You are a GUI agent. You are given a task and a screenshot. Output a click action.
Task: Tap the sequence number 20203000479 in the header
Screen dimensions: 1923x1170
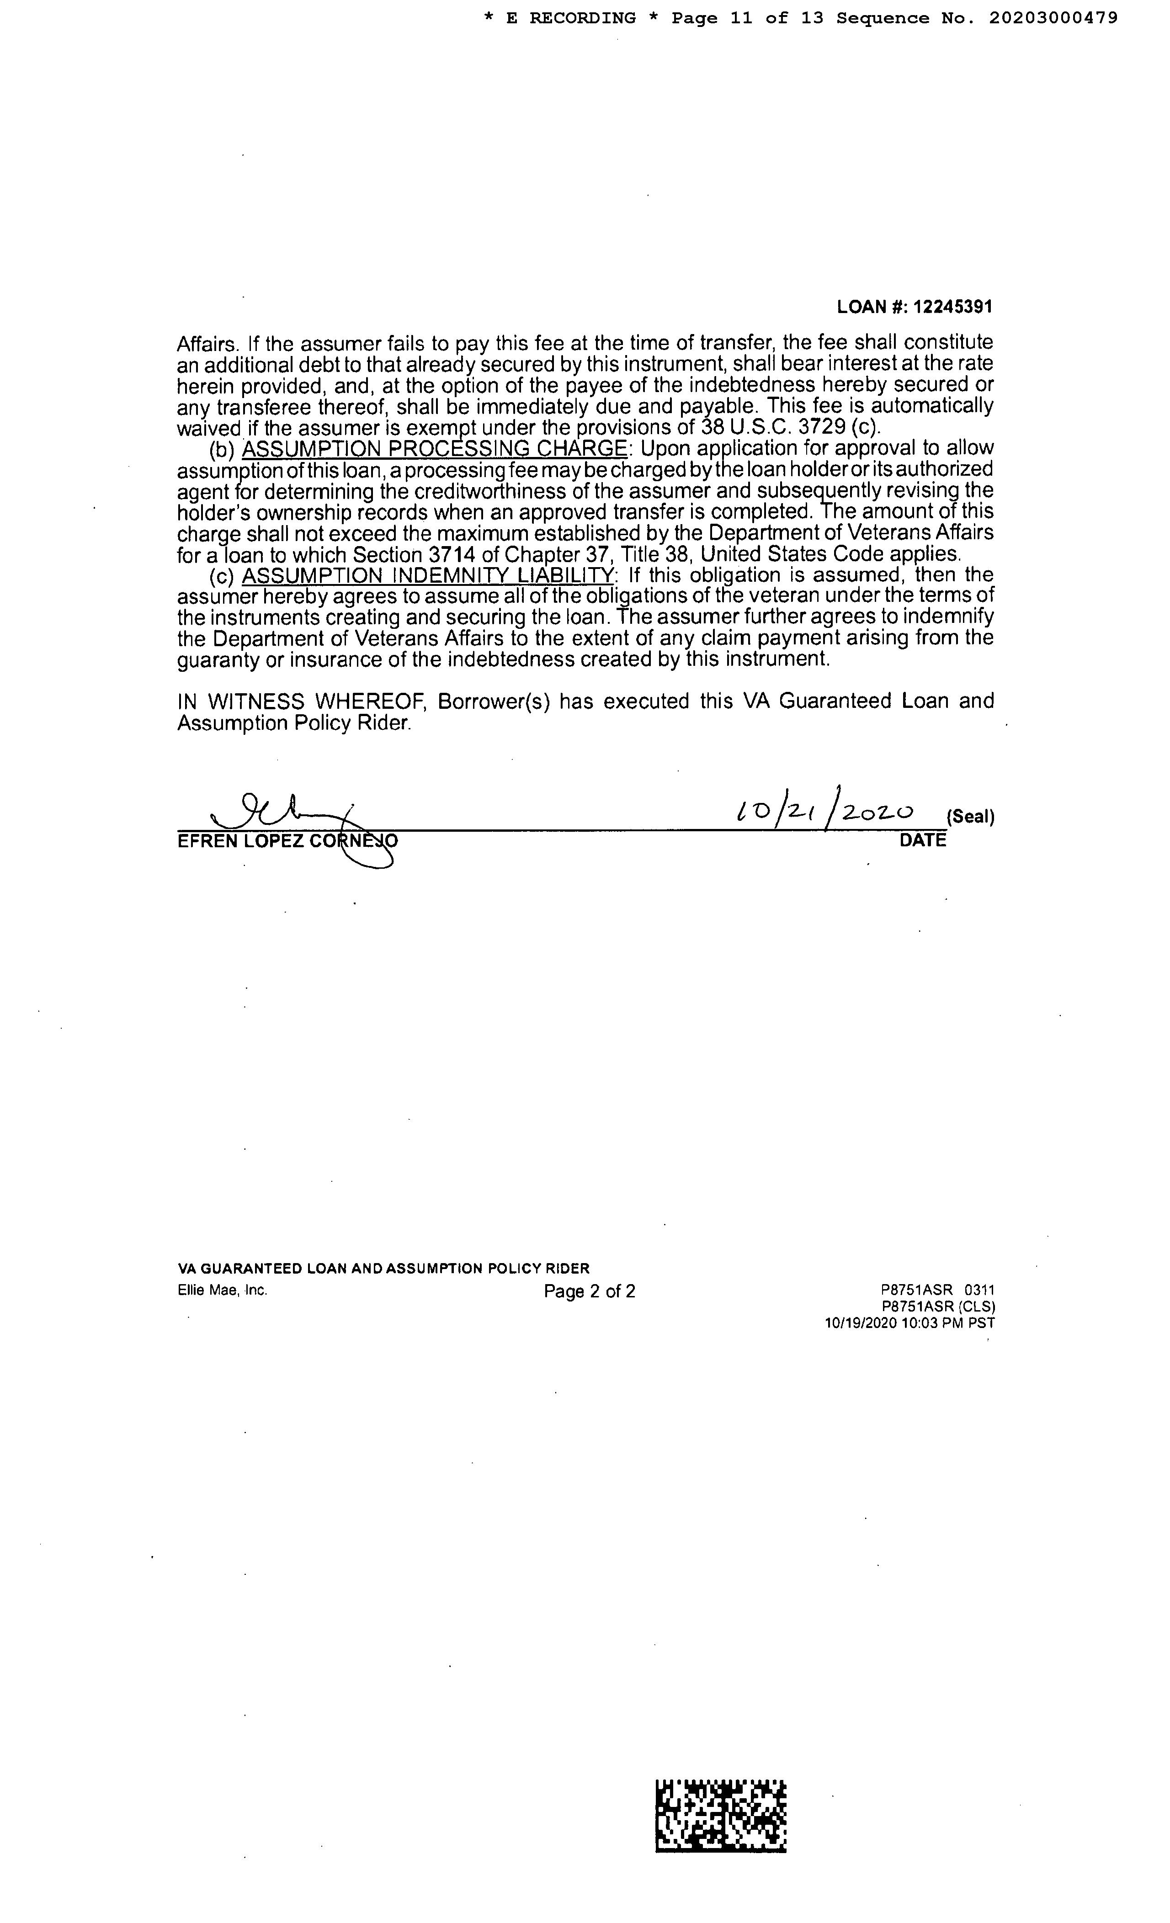(x=1053, y=18)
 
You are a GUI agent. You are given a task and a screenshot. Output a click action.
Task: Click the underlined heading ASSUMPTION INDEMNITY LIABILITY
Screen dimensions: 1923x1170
(x=428, y=575)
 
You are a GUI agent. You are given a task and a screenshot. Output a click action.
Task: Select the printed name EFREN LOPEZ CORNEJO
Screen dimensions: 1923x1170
(x=287, y=840)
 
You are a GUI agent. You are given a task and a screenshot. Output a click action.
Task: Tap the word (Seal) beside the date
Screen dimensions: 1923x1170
(x=970, y=817)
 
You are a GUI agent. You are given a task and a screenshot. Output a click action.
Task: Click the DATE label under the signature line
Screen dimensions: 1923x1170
(x=923, y=840)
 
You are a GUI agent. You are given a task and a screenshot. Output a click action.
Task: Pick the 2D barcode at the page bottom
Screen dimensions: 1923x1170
(x=720, y=1815)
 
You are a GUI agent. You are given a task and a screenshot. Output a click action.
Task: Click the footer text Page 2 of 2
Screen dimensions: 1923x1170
(x=589, y=1291)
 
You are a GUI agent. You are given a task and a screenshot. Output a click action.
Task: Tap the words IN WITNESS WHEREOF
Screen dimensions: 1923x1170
(x=301, y=701)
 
